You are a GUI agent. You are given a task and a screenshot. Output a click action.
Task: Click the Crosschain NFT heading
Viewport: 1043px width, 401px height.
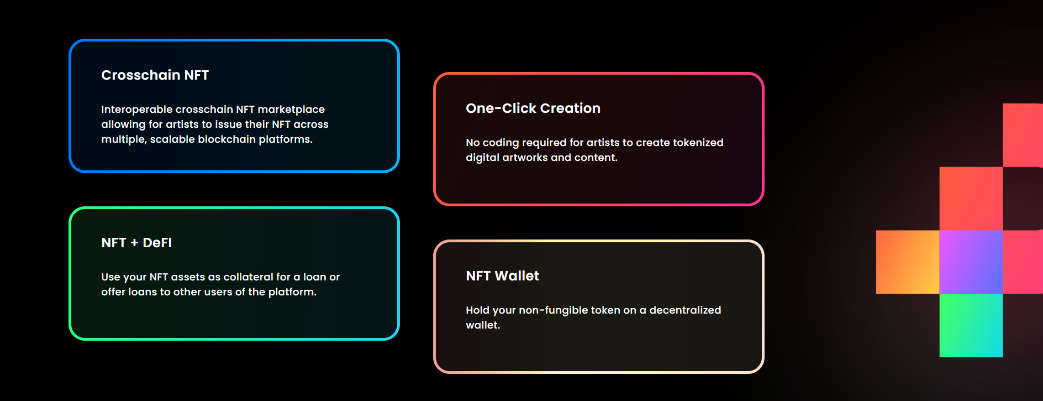tap(155, 75)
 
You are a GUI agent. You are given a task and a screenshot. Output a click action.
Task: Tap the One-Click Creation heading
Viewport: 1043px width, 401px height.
tap(533, 108)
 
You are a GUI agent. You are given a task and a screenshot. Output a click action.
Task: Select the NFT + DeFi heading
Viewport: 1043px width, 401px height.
tap(136, 243)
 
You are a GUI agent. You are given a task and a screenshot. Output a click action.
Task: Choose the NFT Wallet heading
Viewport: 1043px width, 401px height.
tap(503, 276)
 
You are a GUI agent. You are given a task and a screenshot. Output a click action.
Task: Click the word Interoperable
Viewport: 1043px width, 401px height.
tap(136, 110)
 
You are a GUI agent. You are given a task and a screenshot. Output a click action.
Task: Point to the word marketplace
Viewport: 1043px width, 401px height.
tap(291, 110)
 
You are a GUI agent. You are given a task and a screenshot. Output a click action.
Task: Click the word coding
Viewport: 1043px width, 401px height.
tap(501, 143)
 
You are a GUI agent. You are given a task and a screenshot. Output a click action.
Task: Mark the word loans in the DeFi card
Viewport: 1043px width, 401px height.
tap(143, 292)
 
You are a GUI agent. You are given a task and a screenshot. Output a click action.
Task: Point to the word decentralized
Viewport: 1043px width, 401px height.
tap(685, 310)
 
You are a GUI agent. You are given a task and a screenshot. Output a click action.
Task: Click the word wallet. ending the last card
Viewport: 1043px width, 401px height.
tap(483, 325)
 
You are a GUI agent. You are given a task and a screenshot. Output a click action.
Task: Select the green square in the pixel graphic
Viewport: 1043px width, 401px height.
tap(971, 325)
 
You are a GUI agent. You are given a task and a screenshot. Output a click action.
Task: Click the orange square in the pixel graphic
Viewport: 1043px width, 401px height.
tap(908, 262)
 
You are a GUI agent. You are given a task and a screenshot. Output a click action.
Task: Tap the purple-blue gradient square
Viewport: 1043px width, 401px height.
tap(971, 262)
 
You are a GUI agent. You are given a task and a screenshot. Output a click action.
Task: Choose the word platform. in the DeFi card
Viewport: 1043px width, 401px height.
tap(292, 292)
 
